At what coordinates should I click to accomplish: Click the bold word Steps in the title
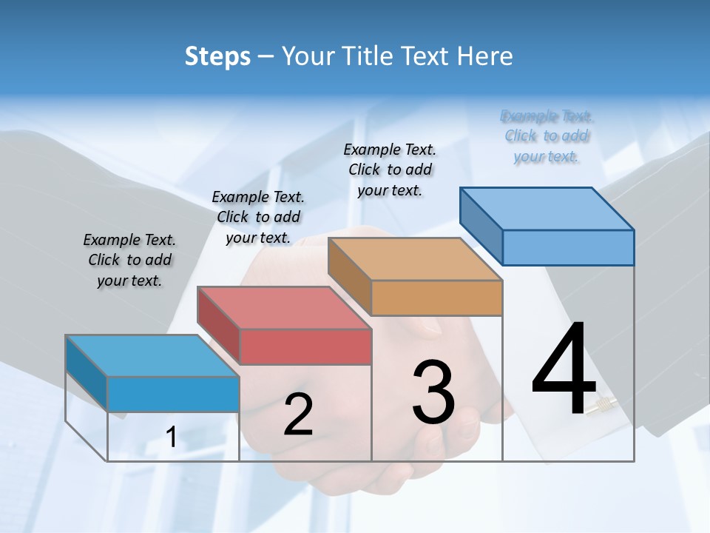(x=217, y=56)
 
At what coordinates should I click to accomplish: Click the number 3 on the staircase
(x=433, y=392)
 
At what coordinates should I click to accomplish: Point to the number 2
(x=298, y=415)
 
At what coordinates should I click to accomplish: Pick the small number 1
(x=171, y=438)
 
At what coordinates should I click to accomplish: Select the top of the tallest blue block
(x=547, y=208)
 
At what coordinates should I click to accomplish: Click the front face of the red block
(x=305, y=346)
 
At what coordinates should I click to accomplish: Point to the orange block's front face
(x=436, y=298)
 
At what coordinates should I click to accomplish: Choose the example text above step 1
(x=129, y=261)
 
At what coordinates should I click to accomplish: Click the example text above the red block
(x=258, y=217)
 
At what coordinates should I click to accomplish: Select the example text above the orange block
(x=390, y=170)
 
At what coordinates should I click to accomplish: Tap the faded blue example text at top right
(x=547, y=136)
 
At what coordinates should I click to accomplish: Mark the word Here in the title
(x=484, y=56)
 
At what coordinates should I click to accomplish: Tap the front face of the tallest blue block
(x=568, y=247)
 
